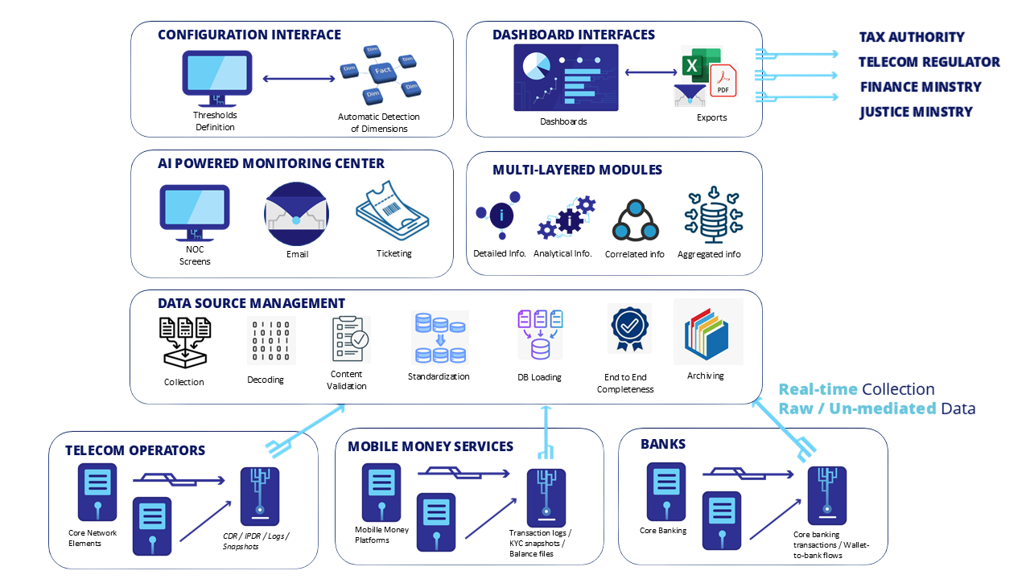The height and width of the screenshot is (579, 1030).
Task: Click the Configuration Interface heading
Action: pos(249,35)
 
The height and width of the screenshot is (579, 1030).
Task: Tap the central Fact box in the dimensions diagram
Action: pos(383,71)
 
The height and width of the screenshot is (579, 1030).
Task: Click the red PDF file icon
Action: pos(723,81)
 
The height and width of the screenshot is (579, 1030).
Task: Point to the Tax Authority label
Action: pos(911,37)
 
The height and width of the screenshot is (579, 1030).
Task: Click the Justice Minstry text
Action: pos(916,112)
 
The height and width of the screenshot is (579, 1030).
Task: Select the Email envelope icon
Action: pos(296,215)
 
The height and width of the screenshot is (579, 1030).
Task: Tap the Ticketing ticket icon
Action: pos(393,211)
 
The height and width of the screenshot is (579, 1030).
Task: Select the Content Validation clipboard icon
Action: pos(348,339)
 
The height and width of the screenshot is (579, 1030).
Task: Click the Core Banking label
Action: pos(663,531)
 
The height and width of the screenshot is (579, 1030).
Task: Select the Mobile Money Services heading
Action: pos(430,446)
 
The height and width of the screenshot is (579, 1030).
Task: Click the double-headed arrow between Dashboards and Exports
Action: pos(650,72)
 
